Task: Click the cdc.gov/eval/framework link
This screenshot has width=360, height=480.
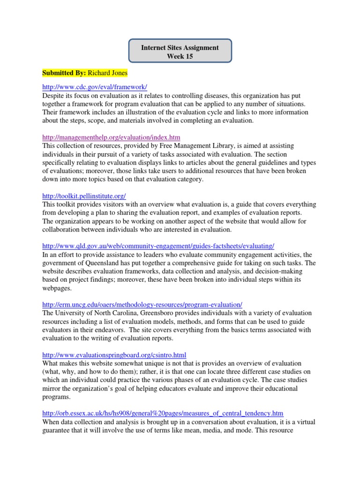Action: pyautogui.click(x=95, y=86)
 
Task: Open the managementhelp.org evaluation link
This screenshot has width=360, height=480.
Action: pyautogui.click(x=111, y=137)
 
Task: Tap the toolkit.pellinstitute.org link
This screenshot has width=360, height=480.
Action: pyautogui.click(x=84, y=195)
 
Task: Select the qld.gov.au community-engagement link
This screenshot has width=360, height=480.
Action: pyautogui.click(x=158, y=246)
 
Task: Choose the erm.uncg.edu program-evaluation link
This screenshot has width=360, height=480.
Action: pyautogui.click(x=142, y=304)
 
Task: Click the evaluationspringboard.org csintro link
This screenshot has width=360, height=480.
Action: pyautogui.click(x=114, y=355)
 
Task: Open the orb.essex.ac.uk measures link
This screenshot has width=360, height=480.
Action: pyautogui.click(x=163, y=413)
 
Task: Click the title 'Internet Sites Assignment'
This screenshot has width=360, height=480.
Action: pyautogui.click(x=180, y=48)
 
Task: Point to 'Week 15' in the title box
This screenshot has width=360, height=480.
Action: pyautogui.click(x=180, y=57)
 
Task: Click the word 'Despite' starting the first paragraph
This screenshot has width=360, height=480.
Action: pyautogui.click(x=53, y=95)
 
